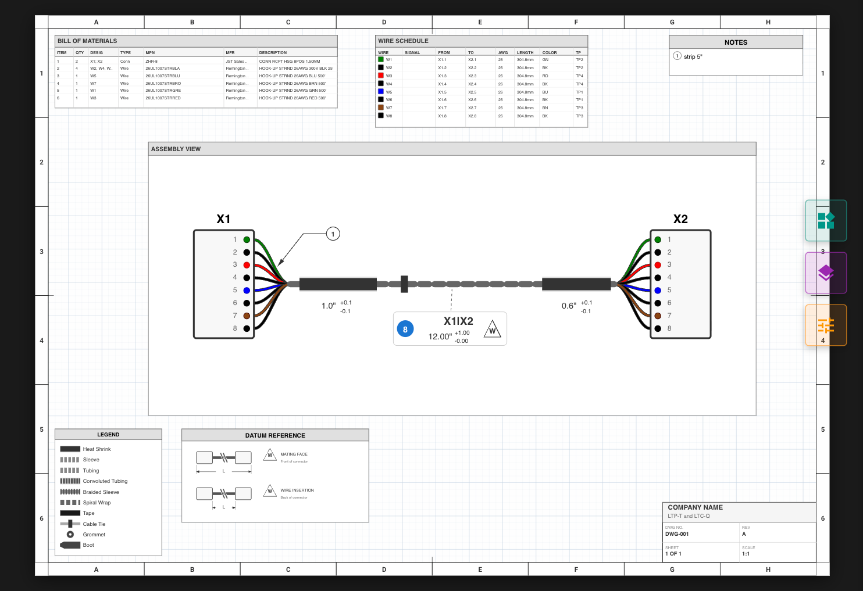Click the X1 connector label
223,219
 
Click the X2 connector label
680,219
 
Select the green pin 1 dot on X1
247,239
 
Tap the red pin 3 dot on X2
658,265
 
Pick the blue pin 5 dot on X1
247,291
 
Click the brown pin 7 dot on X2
658,316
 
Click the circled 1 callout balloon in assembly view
333,234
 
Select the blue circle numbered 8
405,329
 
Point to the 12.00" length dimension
440,336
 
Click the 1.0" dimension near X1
329,306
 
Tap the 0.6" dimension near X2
569,306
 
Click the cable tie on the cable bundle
404,284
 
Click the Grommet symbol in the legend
70,535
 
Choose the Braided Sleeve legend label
101,492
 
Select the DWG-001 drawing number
677,534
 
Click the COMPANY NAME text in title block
695,507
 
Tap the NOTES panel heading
736,42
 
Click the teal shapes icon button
826,220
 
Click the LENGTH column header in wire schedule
525,53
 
